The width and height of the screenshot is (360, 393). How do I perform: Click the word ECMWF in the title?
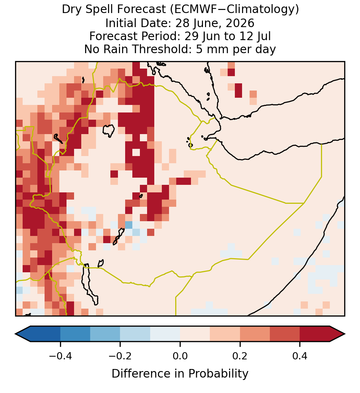(x=191, y=10)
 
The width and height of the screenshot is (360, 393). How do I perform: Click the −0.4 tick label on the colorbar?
(x=60, y=356)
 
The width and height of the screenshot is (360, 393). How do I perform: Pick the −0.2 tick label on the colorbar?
(x=120, y=356)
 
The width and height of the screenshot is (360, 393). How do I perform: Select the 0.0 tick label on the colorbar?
(x=180, y=356)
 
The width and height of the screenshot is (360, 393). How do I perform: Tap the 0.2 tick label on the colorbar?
(x=240, y=356)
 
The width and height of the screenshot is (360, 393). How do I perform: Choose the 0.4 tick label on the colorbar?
(x=300, y=356)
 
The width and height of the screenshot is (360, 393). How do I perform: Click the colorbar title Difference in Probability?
(x=180, y=374)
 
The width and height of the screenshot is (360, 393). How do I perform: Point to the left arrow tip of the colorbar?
(x=15, y=334)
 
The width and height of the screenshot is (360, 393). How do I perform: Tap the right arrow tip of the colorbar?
(x=345, y=334)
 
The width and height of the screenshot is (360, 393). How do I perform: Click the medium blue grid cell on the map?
(x=129, y=225)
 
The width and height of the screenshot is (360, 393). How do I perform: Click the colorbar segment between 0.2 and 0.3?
(x=255, y=334)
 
